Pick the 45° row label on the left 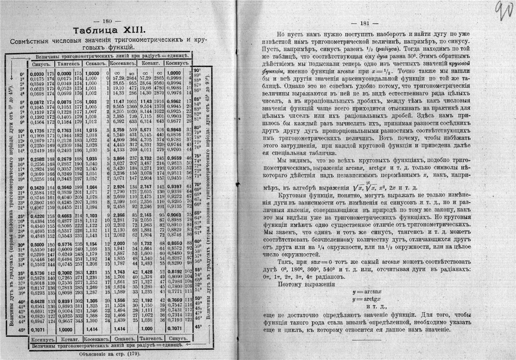pos(21,329)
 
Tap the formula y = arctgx pos(367,299)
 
